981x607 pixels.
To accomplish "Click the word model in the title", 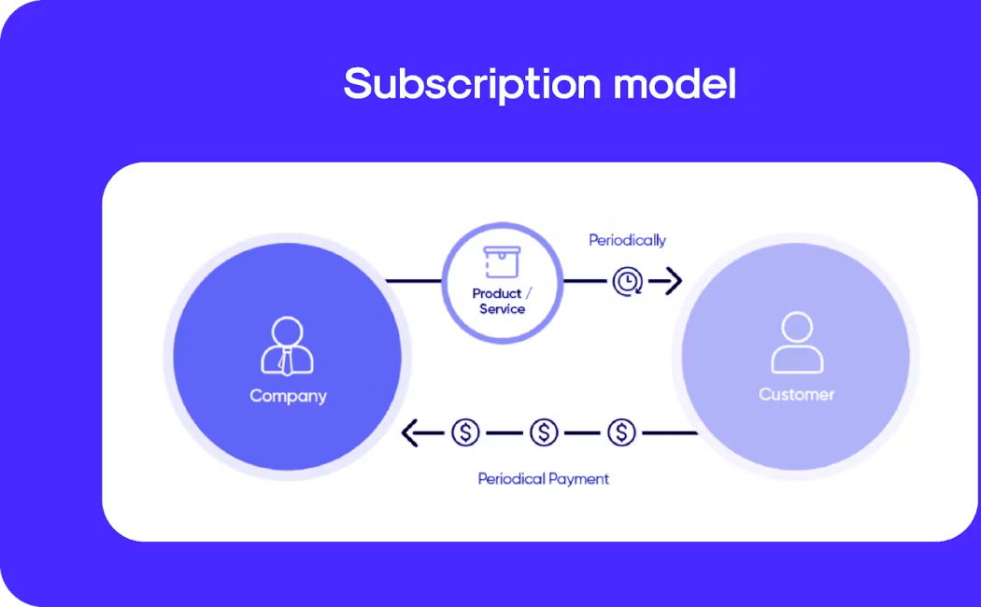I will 675,84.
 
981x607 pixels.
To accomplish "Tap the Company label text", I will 288,396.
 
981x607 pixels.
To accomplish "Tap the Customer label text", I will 796,394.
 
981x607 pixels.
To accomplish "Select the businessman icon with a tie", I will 287,346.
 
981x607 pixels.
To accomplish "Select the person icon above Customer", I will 796,343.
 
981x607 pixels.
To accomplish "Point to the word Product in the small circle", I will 496,294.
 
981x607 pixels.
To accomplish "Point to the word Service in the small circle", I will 503,309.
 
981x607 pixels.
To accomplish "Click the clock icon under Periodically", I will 627,280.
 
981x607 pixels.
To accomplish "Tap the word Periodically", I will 627,240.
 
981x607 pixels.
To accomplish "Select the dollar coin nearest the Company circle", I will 465,432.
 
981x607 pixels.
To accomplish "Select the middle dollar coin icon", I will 544,432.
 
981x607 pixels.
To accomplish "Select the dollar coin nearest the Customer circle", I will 621,432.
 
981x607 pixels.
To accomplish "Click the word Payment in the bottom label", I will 578,479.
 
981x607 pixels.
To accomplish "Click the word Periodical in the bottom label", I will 511,479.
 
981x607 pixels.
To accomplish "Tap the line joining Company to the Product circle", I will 413,280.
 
